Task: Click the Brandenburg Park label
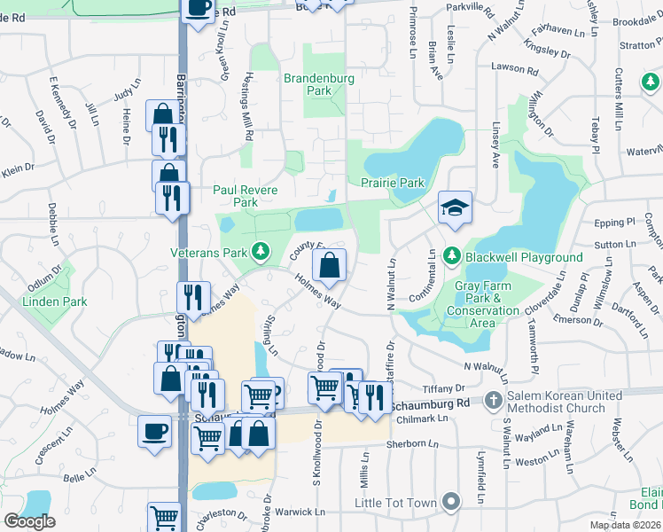pos(319,84)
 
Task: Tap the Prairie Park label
pos(393,183)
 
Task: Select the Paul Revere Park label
pos(246,196)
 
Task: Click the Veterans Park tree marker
pos(261,252)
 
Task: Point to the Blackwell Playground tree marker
pos(452,257)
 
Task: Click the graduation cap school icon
pos(455,207)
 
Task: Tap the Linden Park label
pos(57,301)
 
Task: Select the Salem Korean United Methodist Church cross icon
pos(494,401)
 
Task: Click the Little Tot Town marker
pos(452,503)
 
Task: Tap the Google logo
pos(29,521)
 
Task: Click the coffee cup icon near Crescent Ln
pos(155,432)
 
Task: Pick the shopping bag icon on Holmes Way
pos(329,265)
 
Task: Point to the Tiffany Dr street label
pos(444,388)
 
